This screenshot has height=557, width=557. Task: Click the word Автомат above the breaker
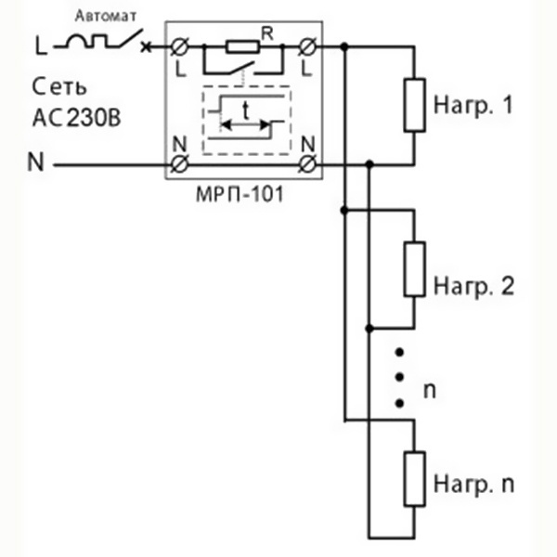click(x=106, y=17)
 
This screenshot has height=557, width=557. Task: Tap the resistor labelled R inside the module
click(x=242, y=47)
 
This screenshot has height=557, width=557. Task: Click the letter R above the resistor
click(x=267, y=34)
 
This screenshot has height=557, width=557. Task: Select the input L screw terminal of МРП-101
click(x=180, y=46)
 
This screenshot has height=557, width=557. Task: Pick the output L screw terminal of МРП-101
click(x=307, y=46)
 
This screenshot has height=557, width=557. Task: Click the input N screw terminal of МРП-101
click(x=180, y=165)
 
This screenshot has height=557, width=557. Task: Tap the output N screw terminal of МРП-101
click(x=307, y=165)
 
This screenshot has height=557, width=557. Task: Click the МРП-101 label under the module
click(x=240, y=194)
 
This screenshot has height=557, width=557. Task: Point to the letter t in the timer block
click(x=245, y=110)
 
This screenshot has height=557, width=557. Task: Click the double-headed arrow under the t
click(x=245, y=125)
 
